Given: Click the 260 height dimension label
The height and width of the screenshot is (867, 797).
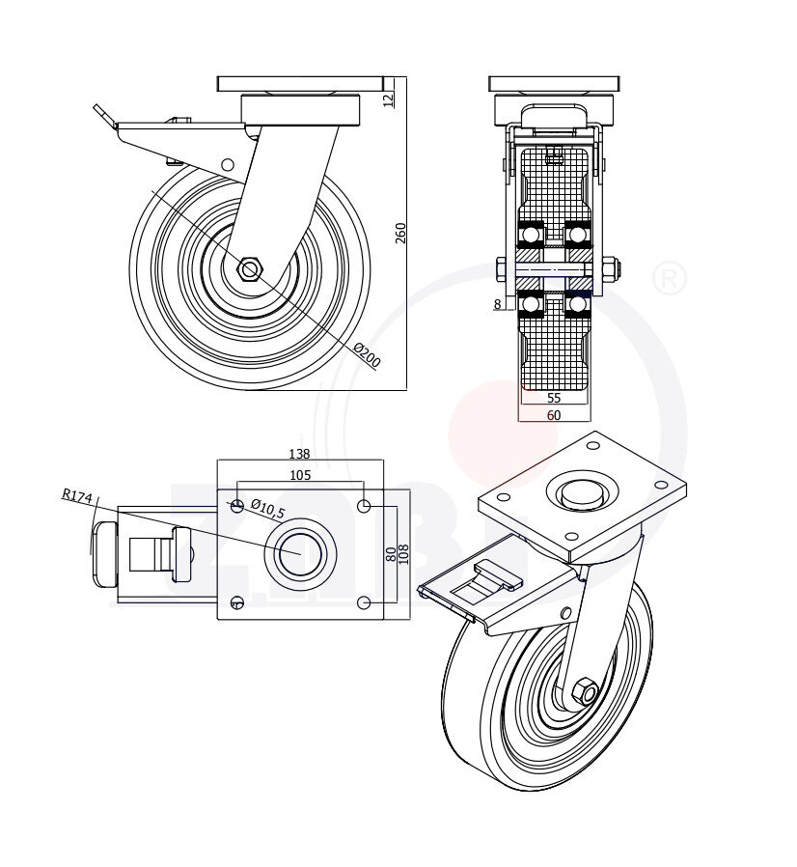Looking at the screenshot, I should [x=400, y=233].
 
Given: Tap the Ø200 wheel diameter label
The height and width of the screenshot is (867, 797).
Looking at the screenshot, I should [x=368, y=355].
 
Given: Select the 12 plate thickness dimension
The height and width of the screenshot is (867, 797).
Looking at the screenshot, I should [x=389, y=98].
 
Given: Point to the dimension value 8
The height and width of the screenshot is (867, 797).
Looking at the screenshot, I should [x=497, y=304].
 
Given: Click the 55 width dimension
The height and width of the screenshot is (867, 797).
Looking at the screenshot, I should [x=554, y=398].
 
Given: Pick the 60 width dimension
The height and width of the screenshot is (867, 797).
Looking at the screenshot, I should [x=554, y=415].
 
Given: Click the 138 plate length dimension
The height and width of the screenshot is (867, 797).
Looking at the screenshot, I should [x=300, y=453].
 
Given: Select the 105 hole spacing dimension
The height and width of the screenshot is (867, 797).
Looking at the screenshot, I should [x=300, y=474].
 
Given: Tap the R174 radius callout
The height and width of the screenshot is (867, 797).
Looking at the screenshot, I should [x=76, y=496].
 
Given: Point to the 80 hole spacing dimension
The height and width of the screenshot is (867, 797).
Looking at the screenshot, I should [x=390, y=554].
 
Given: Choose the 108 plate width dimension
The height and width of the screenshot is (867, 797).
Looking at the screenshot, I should [x=404, y=554].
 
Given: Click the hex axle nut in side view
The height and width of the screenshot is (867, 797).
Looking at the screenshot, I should [x=249, y=268].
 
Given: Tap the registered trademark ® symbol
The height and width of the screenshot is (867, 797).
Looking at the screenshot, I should [x=670, y=279].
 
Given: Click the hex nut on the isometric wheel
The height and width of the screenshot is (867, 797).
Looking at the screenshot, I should [x=585, y=691].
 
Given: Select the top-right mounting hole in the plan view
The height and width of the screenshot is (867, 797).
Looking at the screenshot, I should [x=364, y=506].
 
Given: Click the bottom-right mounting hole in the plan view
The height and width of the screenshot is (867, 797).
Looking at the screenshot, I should [x=364, y=602].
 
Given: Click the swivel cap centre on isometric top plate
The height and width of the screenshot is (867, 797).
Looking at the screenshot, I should [x=579, y=493].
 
